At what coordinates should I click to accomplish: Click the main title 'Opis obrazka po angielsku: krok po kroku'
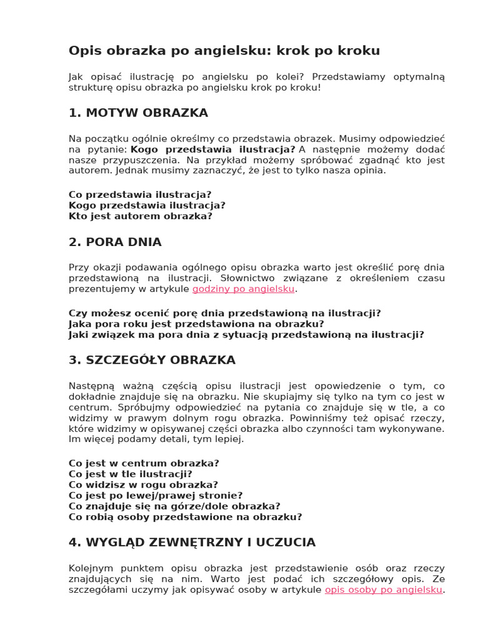[x=224, y=50]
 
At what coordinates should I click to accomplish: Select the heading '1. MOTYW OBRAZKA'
[x=138, y=113]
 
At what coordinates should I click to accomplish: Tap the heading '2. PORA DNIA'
[x=115, y=242]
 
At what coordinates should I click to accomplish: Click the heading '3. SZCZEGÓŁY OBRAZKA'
[x=152, y=360]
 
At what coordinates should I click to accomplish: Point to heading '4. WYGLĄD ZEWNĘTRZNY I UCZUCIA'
[x=192, y=542]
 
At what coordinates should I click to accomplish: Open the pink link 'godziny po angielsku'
[x=243, y=289]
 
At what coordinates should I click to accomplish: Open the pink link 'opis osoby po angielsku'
[x=384, y=590]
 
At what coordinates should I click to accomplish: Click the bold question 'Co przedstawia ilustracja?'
[x=140, y=195]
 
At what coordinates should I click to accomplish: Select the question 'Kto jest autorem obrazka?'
[x=141, y=216]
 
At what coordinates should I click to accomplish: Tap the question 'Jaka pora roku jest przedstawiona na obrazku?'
[x=196, y=324]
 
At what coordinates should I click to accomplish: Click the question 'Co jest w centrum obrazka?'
[x=144, y=463]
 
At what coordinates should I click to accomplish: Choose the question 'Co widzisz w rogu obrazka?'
[x=143, y=485]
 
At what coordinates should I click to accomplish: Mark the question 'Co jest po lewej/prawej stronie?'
[x=156, y=495]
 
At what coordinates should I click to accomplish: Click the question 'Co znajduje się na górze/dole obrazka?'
[x=174, y=506]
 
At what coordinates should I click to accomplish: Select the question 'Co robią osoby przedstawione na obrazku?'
[x=185, y=516]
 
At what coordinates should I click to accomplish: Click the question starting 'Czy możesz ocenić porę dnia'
[x=224, y=313]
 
